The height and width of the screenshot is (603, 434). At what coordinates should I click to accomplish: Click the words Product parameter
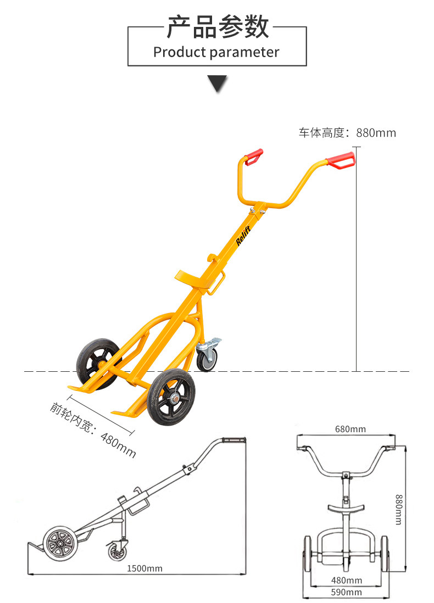(x=216, y=52)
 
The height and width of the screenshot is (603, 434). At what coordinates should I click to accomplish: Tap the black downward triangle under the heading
(x=217, y=83)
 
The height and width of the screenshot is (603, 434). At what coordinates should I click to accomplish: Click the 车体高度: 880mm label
(x=347, y=132)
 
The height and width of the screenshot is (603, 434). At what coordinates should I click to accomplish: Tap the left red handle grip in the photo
(x=254, y=156)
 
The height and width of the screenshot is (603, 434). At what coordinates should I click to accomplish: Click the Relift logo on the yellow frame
(x=243, y=235)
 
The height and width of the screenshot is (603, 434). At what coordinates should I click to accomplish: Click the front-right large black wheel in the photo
(x=171, y=396)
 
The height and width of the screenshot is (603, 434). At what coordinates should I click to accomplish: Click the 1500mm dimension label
(x=144, y=568)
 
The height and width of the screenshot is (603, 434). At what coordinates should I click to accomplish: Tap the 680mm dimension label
(x=350, y=429)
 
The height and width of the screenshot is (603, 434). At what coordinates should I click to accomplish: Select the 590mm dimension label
(x=347, y=592)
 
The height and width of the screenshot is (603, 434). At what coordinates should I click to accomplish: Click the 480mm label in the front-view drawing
(x=347, y=580)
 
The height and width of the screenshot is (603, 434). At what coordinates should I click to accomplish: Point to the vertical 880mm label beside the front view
(x=399, y=509)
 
